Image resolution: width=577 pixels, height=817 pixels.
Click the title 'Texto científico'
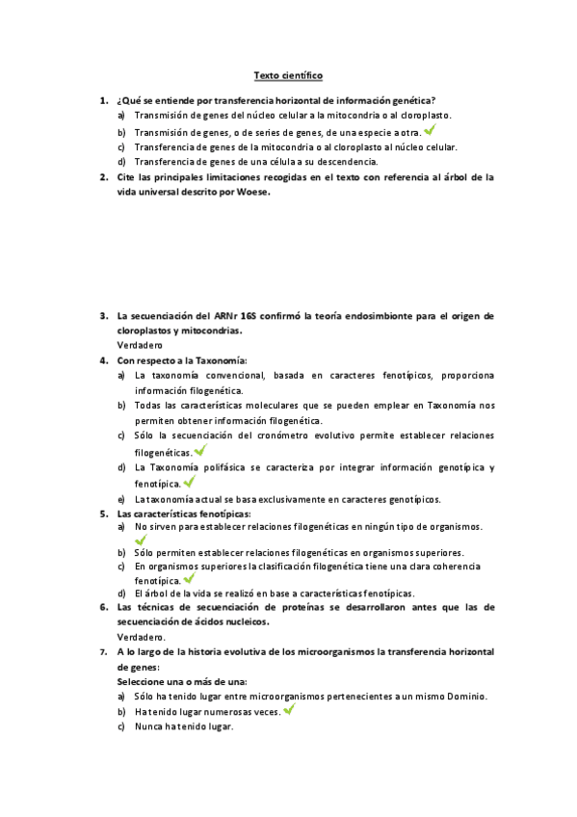coord(288,75)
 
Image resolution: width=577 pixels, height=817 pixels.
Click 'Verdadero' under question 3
coord(140,345)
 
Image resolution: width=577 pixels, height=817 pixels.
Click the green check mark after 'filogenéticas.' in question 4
coord(199,450)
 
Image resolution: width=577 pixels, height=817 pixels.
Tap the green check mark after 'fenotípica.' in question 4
coord(189,482)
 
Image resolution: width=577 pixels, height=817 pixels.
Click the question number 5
coord(103,514)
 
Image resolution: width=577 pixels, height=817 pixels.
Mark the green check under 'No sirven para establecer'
coord(141,540)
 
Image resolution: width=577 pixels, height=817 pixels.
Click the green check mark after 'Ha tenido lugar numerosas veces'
coord(289,710)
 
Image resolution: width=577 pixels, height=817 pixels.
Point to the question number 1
coord(103,100)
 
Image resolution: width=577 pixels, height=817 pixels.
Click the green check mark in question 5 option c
coord(189,579)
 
